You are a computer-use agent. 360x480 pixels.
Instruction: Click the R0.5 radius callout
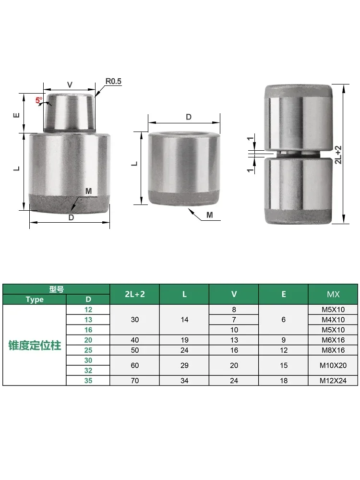(x=113, y=82)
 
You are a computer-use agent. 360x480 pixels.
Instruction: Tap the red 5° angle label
(x=39, y=100)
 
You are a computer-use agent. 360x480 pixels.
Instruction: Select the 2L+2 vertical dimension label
(x=338, y=155)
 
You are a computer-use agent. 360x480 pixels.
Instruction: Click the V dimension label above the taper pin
(x=70, y=85)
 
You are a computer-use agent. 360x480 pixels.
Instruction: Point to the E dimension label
(x=16, y=115)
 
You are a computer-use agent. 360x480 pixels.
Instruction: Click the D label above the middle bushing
(x=189, y=117)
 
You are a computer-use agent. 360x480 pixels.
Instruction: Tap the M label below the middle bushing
(x=210, y=215)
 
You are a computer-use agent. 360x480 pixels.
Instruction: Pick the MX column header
(x=333, y=294)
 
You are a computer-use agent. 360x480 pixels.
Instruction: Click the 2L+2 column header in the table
(x=135, y=294)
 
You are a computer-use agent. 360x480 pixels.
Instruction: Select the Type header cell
(x=35, y=300)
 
